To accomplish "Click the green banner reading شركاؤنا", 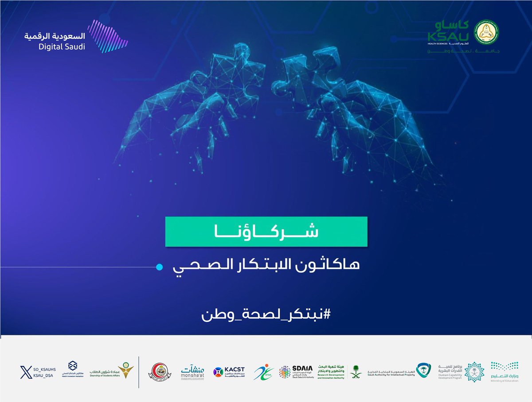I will point(266,232).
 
